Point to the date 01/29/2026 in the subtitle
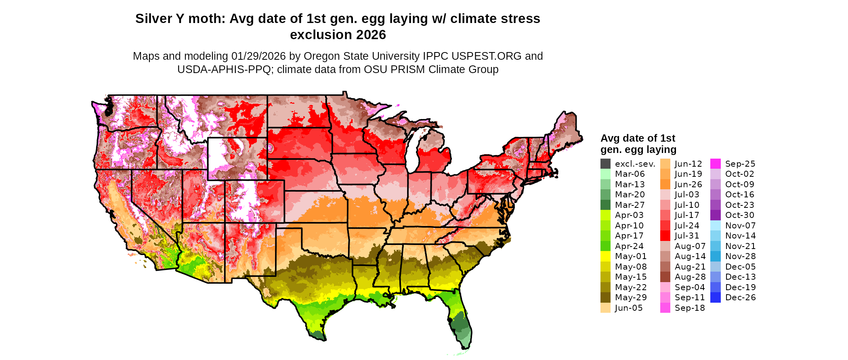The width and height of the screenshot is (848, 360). pyautogui.click(x=258, y=56)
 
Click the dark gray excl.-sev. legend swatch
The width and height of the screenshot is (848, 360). pyautogui.click(x=605, y=164)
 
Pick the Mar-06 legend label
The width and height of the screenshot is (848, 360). pyautogui.click(x=630, y=174)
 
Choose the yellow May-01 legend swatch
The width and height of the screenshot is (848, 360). pyautogui.click(x=605, y=256)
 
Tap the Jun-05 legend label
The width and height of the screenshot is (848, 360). pyautogui.click(x=628, y=308)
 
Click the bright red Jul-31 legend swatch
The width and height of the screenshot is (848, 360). pyautogui.click(x=665, y=236)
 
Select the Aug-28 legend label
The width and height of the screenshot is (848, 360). pyautogui.click(x=690, y=277)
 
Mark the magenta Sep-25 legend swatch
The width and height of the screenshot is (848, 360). pyautogui.click(x=716, y=164)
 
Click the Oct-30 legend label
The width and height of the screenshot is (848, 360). pyautogui.click(x=739, y=215)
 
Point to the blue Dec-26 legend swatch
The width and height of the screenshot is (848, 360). pyautogui.click(x=716, y=297)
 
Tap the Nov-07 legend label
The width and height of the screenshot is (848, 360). pyautogui.click(x=740, y=226)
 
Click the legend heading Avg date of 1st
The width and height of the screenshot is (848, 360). pyautogui.click(x=638, y=138)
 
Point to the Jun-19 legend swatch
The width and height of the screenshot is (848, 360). pyautogui.click(x=665, y=174)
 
